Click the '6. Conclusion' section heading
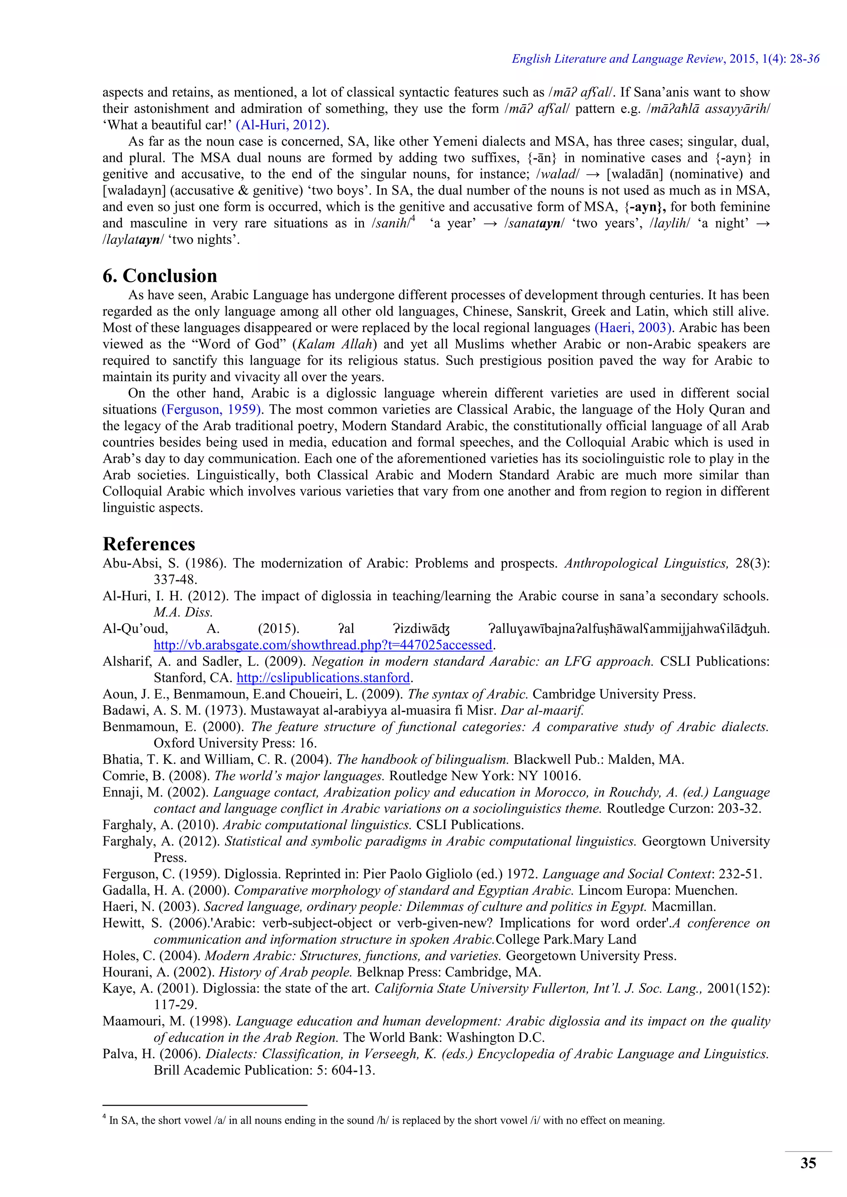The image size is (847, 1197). point(160,276)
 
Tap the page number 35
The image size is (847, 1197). point(808,1163)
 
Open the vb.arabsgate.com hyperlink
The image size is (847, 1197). point(323,645)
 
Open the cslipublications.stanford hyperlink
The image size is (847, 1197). point(323,678)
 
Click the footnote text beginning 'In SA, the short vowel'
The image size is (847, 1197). point(386,1121)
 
